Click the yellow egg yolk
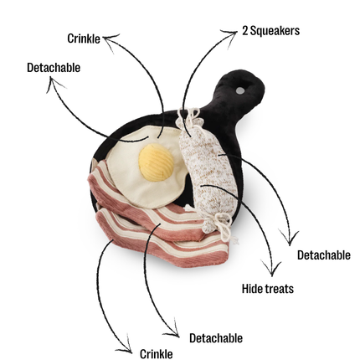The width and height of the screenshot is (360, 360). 157,162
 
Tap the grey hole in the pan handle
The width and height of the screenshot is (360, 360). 239,90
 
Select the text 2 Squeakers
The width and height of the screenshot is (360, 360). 270,31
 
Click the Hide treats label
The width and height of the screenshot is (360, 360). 268,289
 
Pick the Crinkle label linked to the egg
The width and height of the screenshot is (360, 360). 84,39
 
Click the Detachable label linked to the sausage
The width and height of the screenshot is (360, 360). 324,255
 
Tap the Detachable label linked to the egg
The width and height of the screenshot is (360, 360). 54,68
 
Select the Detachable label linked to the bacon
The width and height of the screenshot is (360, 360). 216,338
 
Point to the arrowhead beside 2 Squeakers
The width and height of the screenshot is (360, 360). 230,36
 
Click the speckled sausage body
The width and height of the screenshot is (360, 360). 207,170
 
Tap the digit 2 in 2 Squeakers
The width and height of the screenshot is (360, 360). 244,31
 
